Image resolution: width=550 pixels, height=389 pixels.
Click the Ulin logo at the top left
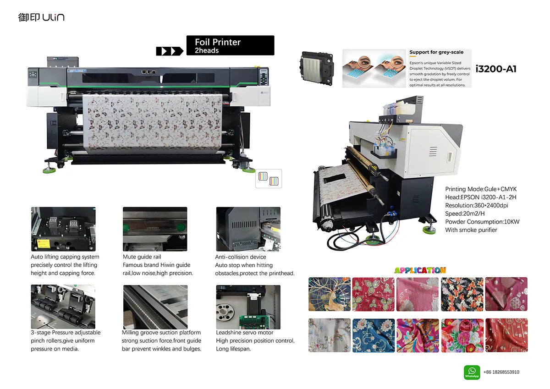[x=41, y=17]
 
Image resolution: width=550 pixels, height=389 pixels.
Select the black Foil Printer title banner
[x=230, y=45]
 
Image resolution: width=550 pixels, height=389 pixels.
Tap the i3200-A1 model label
[x=496, y=69]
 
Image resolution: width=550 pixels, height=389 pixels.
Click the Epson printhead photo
[x=317, y=68]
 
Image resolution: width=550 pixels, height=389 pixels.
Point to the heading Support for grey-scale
[x=436, y=52]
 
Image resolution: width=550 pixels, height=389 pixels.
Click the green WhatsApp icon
[x=472, y=373]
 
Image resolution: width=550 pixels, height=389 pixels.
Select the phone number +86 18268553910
[x=501, y=372]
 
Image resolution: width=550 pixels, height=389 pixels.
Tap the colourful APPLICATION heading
[x=420, y=270]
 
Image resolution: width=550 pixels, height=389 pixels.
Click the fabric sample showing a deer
[x=330, y=294]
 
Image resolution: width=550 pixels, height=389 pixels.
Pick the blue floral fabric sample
[x=374, y=335]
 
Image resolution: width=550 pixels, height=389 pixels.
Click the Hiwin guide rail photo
[x=155, y=229]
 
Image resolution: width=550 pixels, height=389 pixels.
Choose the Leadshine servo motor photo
[x=248, y=307]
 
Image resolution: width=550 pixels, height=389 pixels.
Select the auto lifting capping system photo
[x=63, y=229]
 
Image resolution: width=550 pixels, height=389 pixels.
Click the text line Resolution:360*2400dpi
[x=477, y=205]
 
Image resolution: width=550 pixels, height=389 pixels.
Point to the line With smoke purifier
[x=471, y=230]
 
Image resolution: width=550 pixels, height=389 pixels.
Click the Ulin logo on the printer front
[x=148, y=72]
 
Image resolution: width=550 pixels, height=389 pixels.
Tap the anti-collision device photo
[x=248, y=229]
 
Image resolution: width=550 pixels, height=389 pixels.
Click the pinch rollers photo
[x=63, y=307]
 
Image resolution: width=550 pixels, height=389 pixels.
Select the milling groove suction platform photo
[x=155, y=307]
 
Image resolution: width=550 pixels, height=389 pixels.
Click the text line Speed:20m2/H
[x=465, y=214]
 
